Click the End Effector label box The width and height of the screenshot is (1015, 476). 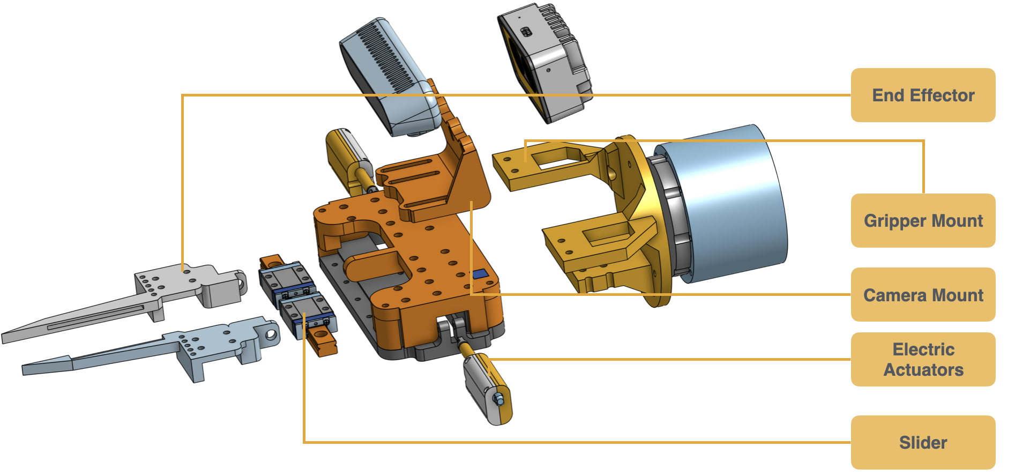click(923, 95)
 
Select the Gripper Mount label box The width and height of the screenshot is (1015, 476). click(923, 220)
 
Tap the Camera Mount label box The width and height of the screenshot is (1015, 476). click(923, 295)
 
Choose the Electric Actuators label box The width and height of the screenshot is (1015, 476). click(923, 359)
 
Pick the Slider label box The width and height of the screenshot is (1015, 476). click(923, 442)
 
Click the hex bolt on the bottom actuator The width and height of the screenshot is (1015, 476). click(498, 399)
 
